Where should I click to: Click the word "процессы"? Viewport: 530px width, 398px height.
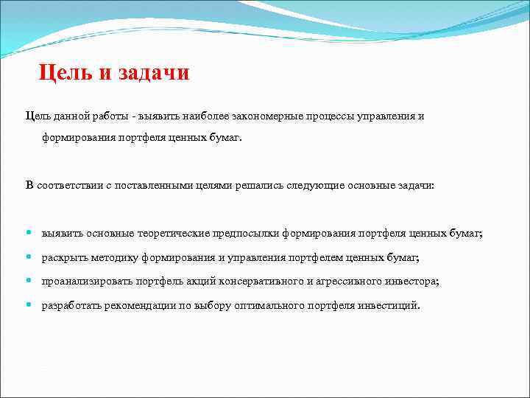[x=334, y=116]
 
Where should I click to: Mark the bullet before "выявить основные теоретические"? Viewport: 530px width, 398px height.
[x=29, y=233]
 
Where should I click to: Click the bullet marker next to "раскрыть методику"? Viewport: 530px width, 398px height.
[x=29, y=257]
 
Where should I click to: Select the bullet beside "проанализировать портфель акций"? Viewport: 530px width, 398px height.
[x=29, y=282]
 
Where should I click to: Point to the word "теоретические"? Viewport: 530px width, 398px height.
[x=174, y=233]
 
